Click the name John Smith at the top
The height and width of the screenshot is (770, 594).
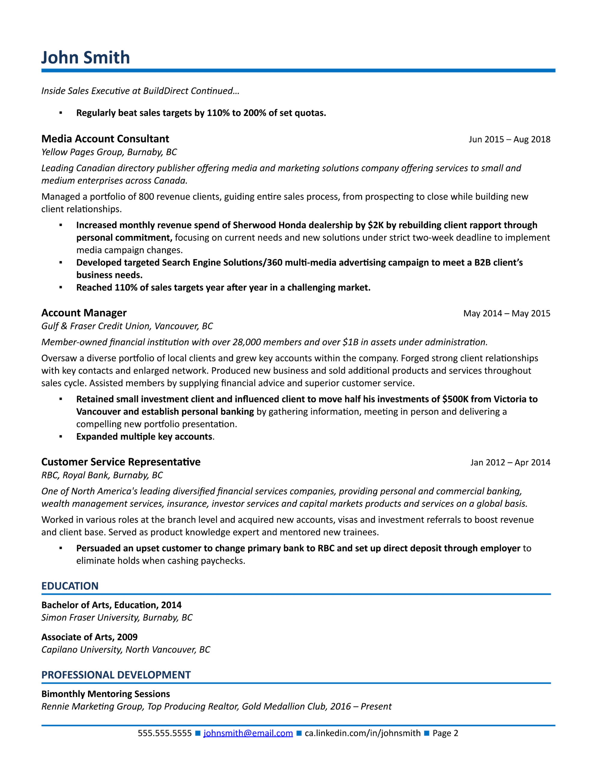tap(86, 57)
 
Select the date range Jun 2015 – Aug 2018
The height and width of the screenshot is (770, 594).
tap(509, 139)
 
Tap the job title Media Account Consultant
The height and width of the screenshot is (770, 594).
tap(105, 139)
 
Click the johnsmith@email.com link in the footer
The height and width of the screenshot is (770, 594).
tap(248, 733)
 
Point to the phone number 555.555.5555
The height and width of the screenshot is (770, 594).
tap(165, 733)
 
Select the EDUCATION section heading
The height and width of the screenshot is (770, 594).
tap(70, 586)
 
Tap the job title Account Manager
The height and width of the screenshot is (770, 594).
tap(84, 313)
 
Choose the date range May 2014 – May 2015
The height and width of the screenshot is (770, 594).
tap(506, 313)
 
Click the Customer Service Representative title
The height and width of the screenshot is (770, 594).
tap(121, 462)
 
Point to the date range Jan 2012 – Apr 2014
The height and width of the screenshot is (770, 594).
tap(510, 462)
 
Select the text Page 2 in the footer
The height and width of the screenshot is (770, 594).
tap(445, 733)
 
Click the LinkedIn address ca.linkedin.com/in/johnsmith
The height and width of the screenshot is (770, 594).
tap(362, 733)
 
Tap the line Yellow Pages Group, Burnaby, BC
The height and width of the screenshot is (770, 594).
tap(109, 152)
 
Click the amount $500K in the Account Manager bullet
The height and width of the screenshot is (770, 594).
tap(455, 399)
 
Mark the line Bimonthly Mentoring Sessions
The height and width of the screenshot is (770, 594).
tap(106, 694)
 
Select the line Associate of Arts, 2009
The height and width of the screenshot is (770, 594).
tap(89, 637)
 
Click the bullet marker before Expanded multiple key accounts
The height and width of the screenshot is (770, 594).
tap(61, 436)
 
